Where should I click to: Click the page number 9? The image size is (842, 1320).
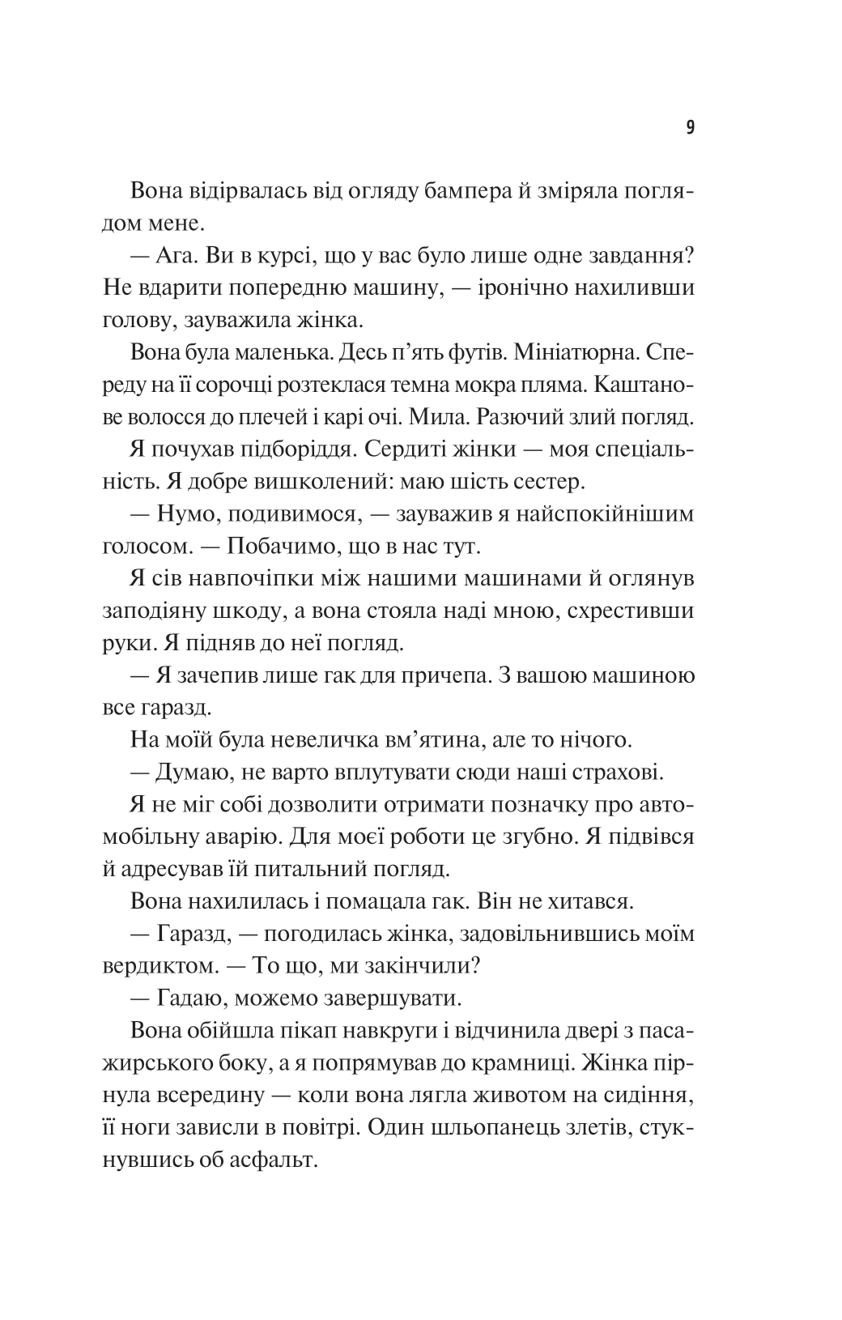[690, 127]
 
